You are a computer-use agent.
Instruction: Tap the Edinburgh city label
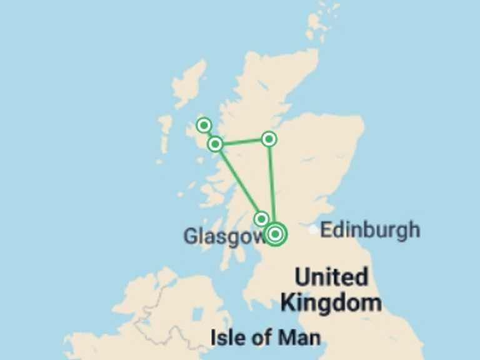pos(369,230)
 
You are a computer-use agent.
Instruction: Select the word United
pos(331,277)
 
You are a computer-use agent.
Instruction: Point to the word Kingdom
pos(331,303)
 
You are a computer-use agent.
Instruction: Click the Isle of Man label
pos(265,338)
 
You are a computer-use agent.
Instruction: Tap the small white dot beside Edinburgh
pos(313,230)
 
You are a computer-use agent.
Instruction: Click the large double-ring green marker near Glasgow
pos(275,234)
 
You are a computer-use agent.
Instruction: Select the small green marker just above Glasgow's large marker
pos(261,218)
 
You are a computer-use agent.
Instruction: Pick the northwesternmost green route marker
pos(203,125)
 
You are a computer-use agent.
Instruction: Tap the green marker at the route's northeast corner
pos(269,139)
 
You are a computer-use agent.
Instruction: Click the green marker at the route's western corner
pos(215,144)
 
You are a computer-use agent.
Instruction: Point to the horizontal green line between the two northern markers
pos(242,142)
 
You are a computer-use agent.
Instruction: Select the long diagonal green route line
pos(237,181)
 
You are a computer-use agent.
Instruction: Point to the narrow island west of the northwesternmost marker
pos(165,131)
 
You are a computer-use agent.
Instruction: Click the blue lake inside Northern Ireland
pos(198,314)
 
